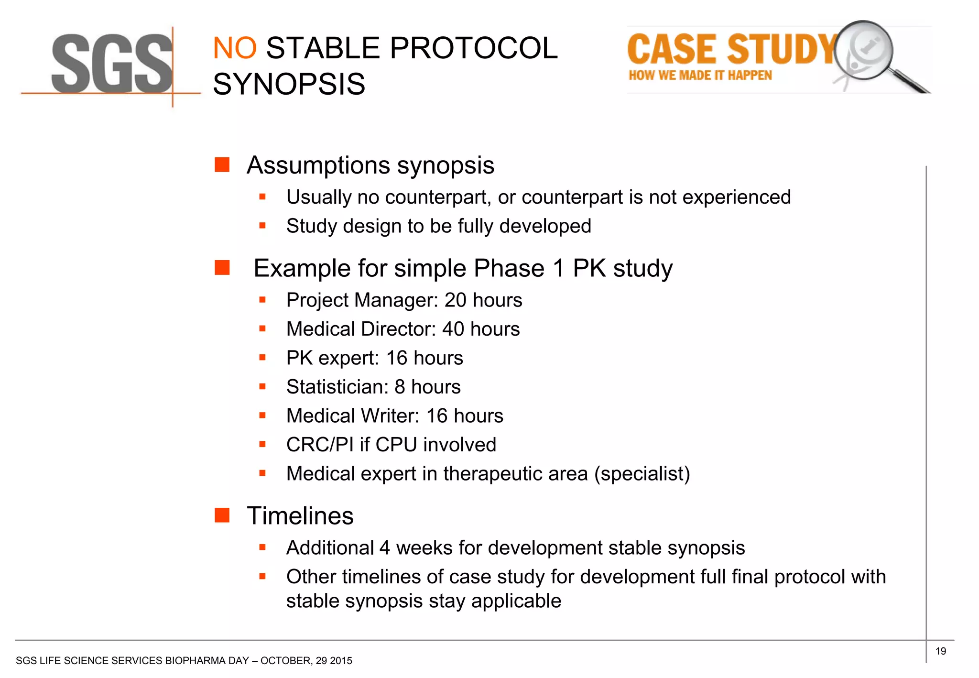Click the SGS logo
coord(111,65)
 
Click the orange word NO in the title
coord(235,48)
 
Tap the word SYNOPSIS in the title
coord(289,84)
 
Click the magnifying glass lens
coord(863,50)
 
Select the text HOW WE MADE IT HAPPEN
coord(700,76)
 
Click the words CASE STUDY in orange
coord(731,49)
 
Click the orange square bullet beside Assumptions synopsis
coord(222,165)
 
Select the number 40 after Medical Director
coord(453,329)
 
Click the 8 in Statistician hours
coord(400,387)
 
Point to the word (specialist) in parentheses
coord(642,474)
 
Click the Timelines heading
coord(300,516)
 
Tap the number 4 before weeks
coord(385,548)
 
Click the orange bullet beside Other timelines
coord(262,577)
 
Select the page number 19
coord(940,651)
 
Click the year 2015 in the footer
coord(341,661)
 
